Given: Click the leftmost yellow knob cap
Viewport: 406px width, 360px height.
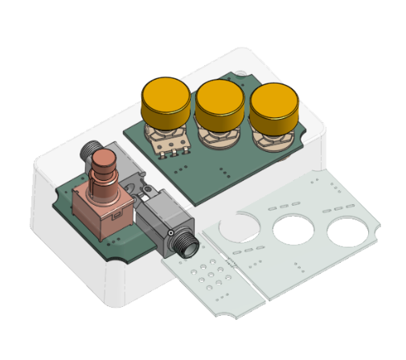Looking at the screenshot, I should pos(166,99).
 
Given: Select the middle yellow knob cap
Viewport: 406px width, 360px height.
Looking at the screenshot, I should pos(220,100).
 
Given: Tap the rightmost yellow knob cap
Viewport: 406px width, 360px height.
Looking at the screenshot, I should pos(274,107).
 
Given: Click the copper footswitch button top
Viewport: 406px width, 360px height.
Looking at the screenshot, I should pos(104,160).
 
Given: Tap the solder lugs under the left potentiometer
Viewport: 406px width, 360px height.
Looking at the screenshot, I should pos(172,149).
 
